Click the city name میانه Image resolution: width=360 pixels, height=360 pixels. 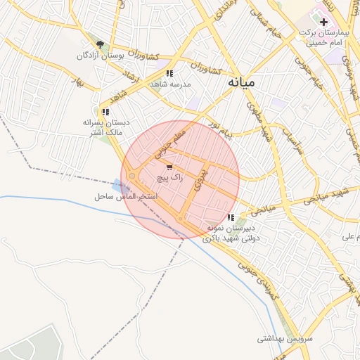pos(241,82)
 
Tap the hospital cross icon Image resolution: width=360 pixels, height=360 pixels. pos(323,23)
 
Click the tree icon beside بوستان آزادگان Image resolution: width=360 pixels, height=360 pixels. pos(100,44)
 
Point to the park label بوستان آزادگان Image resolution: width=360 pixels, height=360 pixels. pos(103,55)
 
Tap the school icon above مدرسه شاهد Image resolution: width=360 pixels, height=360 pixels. pos(169,73)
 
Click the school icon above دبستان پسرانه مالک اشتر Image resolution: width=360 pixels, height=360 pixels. pos(105,112)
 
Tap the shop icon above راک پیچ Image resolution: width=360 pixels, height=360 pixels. pos(169,167)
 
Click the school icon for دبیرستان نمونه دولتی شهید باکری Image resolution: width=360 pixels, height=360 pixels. pos(231,217)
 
